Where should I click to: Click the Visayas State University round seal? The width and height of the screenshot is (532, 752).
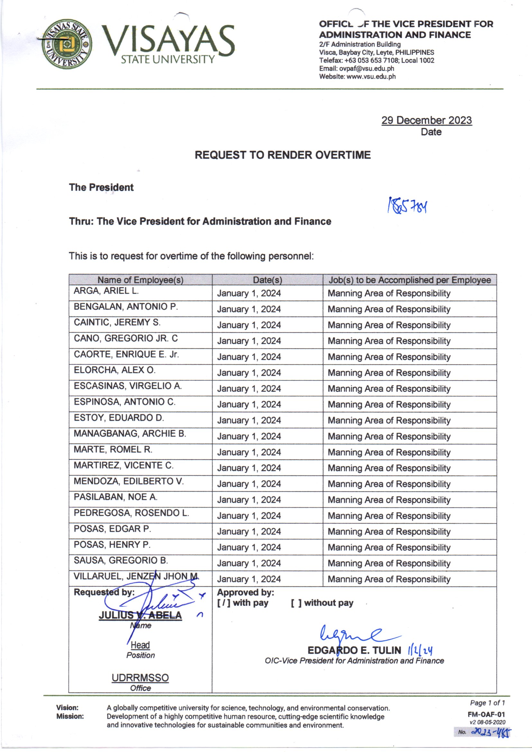click(x=67, y=43)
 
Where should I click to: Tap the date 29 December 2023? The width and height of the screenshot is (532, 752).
click(x=426, y=121)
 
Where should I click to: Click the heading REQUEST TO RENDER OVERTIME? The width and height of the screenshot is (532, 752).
click(x=282, y=155)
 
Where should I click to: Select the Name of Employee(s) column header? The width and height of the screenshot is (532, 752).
click(x=140, y=280)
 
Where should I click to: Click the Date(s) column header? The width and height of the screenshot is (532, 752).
click(x=267, y=280)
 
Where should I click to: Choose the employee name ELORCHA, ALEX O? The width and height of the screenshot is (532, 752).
click(x=115, y=370)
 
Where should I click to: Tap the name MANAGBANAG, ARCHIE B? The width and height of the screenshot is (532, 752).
click(x=130, y=434)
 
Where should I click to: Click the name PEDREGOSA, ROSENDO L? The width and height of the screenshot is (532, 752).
click(x=131, y=513)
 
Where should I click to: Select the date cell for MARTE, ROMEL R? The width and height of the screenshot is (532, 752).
click(x=249, y=452)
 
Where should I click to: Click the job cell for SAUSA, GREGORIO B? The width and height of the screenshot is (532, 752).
click(x=389, y=563)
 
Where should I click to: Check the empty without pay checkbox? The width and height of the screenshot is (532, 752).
click(x=296, y=603)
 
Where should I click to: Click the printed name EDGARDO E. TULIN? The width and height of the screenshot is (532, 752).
click(x=354, y=650)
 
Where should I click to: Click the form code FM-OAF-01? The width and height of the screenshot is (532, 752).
click(x=486, y=715)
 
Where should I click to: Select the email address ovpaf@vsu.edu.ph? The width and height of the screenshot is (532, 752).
click(x=367, y=69)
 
